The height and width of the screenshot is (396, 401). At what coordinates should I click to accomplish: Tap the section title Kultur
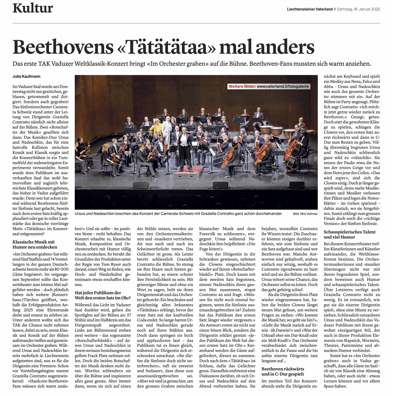(33, 8)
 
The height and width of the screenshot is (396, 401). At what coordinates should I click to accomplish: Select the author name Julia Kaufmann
(26, 77)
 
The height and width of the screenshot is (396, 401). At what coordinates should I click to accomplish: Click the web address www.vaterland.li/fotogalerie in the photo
(283, 87)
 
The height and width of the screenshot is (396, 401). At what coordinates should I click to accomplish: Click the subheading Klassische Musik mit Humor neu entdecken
(35, 244)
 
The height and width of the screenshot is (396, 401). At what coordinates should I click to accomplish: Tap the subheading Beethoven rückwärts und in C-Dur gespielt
(283, 371)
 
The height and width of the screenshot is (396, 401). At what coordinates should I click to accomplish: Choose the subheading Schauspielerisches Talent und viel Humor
(350, 234)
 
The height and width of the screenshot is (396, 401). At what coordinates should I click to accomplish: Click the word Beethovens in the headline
(63, 47)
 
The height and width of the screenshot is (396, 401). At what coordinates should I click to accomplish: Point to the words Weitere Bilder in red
(242, 87)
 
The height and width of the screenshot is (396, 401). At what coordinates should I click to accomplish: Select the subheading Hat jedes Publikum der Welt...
(102, 295)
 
